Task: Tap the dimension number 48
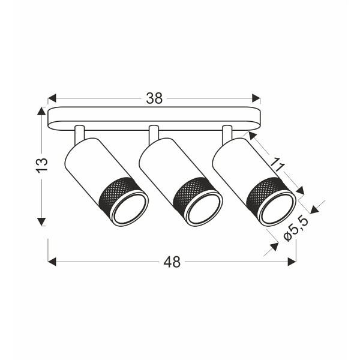172,262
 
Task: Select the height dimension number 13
41,166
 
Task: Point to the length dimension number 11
277,163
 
